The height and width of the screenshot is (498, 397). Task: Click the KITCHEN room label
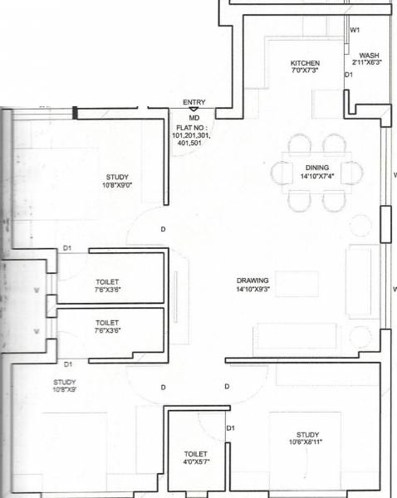[304, 63]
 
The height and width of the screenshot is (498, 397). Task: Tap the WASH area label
[368, 55]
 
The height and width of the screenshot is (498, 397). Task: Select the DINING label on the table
[317, 167]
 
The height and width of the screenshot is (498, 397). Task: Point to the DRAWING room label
[252, 281]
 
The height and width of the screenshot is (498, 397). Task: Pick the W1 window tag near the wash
[355, 30]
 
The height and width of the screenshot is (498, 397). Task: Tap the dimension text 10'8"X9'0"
[116, 185]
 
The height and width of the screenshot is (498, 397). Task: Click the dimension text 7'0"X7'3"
[304, 71]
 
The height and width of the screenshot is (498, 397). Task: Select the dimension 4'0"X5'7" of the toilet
[197, 462]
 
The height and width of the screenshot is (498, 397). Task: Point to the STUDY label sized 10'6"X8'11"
[306, 434]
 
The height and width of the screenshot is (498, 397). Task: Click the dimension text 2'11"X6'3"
[368, 62]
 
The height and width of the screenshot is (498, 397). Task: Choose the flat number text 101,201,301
[191, 134]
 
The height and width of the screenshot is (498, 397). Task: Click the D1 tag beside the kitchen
[350, 75]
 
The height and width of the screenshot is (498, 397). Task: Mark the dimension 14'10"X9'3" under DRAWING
[253, 290]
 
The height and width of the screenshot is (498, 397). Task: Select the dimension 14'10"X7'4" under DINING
[317, 175]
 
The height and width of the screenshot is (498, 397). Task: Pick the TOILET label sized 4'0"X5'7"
[196, 454]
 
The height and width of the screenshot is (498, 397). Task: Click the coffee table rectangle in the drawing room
[297, 283]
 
